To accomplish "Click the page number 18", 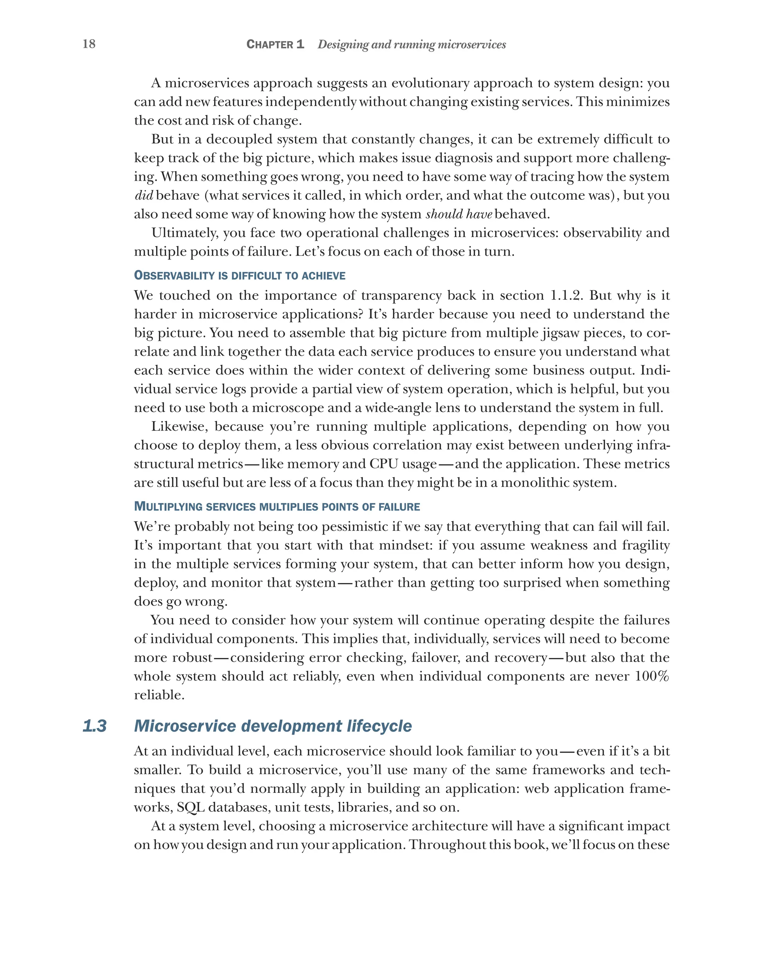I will [89, 44].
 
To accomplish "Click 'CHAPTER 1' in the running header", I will [275, 44].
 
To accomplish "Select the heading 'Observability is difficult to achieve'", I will [239, 275].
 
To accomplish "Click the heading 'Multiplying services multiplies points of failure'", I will [277, 507].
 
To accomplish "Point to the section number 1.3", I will [95, 726].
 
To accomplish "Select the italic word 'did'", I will [144, 195].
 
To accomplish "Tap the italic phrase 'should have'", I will [458, 214].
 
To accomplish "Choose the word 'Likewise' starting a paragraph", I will [180, 426].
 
